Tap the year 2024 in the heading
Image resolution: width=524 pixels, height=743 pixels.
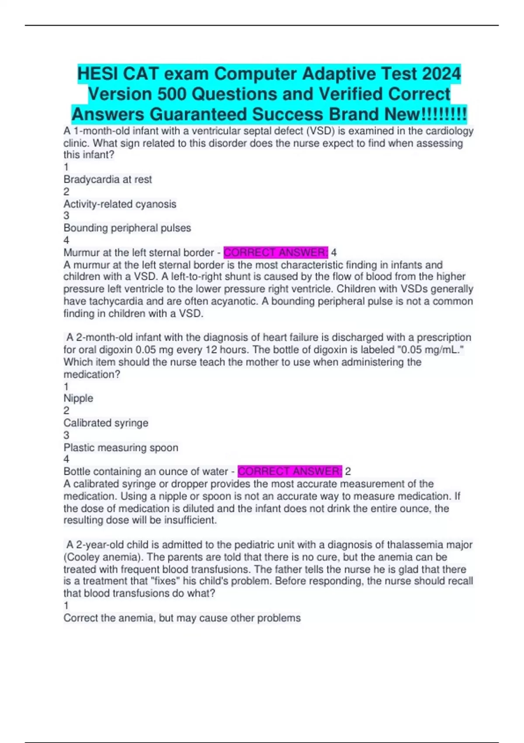pyautogui.click(x=441, y=73)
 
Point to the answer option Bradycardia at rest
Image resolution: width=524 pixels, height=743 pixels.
pyautogui.click(x=107, y=179)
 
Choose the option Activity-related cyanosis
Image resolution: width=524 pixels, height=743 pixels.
pyautogui.click(x=120, y=204)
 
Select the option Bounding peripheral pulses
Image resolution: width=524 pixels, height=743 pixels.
pyautogui.click(x=127, y=228)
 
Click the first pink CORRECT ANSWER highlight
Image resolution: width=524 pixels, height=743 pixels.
pyautogui.click(x=275, y=253)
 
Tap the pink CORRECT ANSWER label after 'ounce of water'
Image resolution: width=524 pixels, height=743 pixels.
pyautogui.click(x=290, y=471)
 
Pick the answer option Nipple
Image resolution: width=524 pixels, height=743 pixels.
pyautogui.click(x=78, y=398)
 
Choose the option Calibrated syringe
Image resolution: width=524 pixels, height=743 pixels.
pyautogui.click(x=106, y=423)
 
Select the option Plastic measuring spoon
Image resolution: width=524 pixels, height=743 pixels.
pyautogui.click(x=121, y=448)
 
